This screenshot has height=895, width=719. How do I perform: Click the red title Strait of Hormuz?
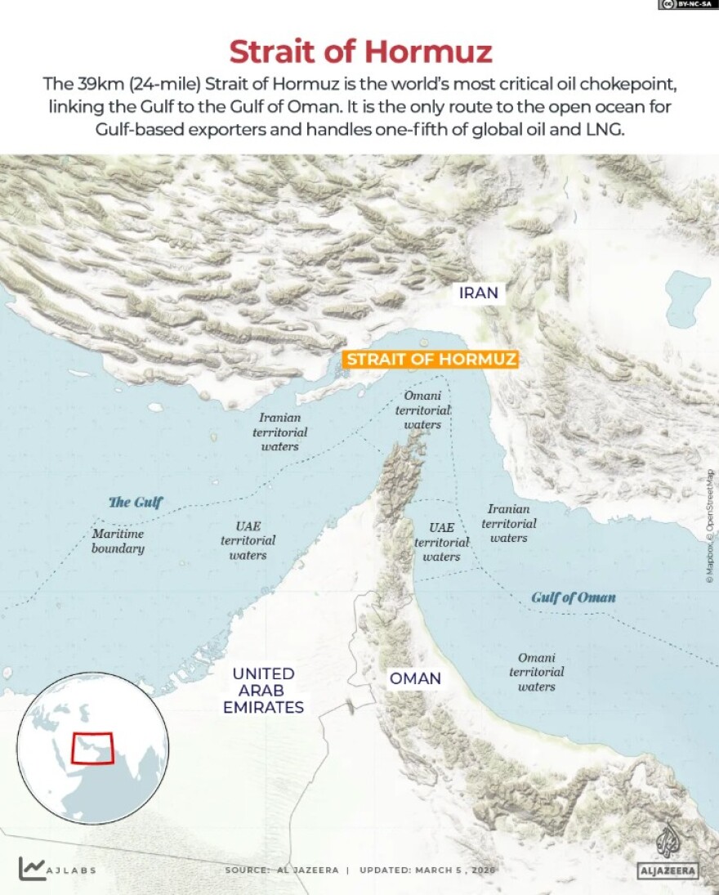[360, 51]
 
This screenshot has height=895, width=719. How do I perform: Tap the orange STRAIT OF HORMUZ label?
[431, 360]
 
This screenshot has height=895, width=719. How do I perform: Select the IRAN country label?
[479, 293]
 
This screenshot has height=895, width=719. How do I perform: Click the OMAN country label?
[415, 678]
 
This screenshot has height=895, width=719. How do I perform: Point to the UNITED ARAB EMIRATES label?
[263, 691]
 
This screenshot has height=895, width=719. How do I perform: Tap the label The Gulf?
[136, 502]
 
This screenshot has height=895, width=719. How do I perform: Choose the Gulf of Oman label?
[574, 597]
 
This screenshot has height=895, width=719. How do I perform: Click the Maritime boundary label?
[118, 541]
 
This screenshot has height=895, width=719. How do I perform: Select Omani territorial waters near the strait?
[423, 410]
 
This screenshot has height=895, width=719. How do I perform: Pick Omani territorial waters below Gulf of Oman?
[537, 672]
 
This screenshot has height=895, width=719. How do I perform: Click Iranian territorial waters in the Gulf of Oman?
[509, 523]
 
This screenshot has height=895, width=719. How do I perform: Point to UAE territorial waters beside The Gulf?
[248, 541]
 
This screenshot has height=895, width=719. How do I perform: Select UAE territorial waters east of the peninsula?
[441, 542]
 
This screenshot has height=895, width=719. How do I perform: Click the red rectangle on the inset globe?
[92, 747]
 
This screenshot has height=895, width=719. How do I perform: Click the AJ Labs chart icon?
[32, 869]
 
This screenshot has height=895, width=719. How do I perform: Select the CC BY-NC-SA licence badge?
[687, 5]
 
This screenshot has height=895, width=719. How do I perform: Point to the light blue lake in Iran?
[689, 297]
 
